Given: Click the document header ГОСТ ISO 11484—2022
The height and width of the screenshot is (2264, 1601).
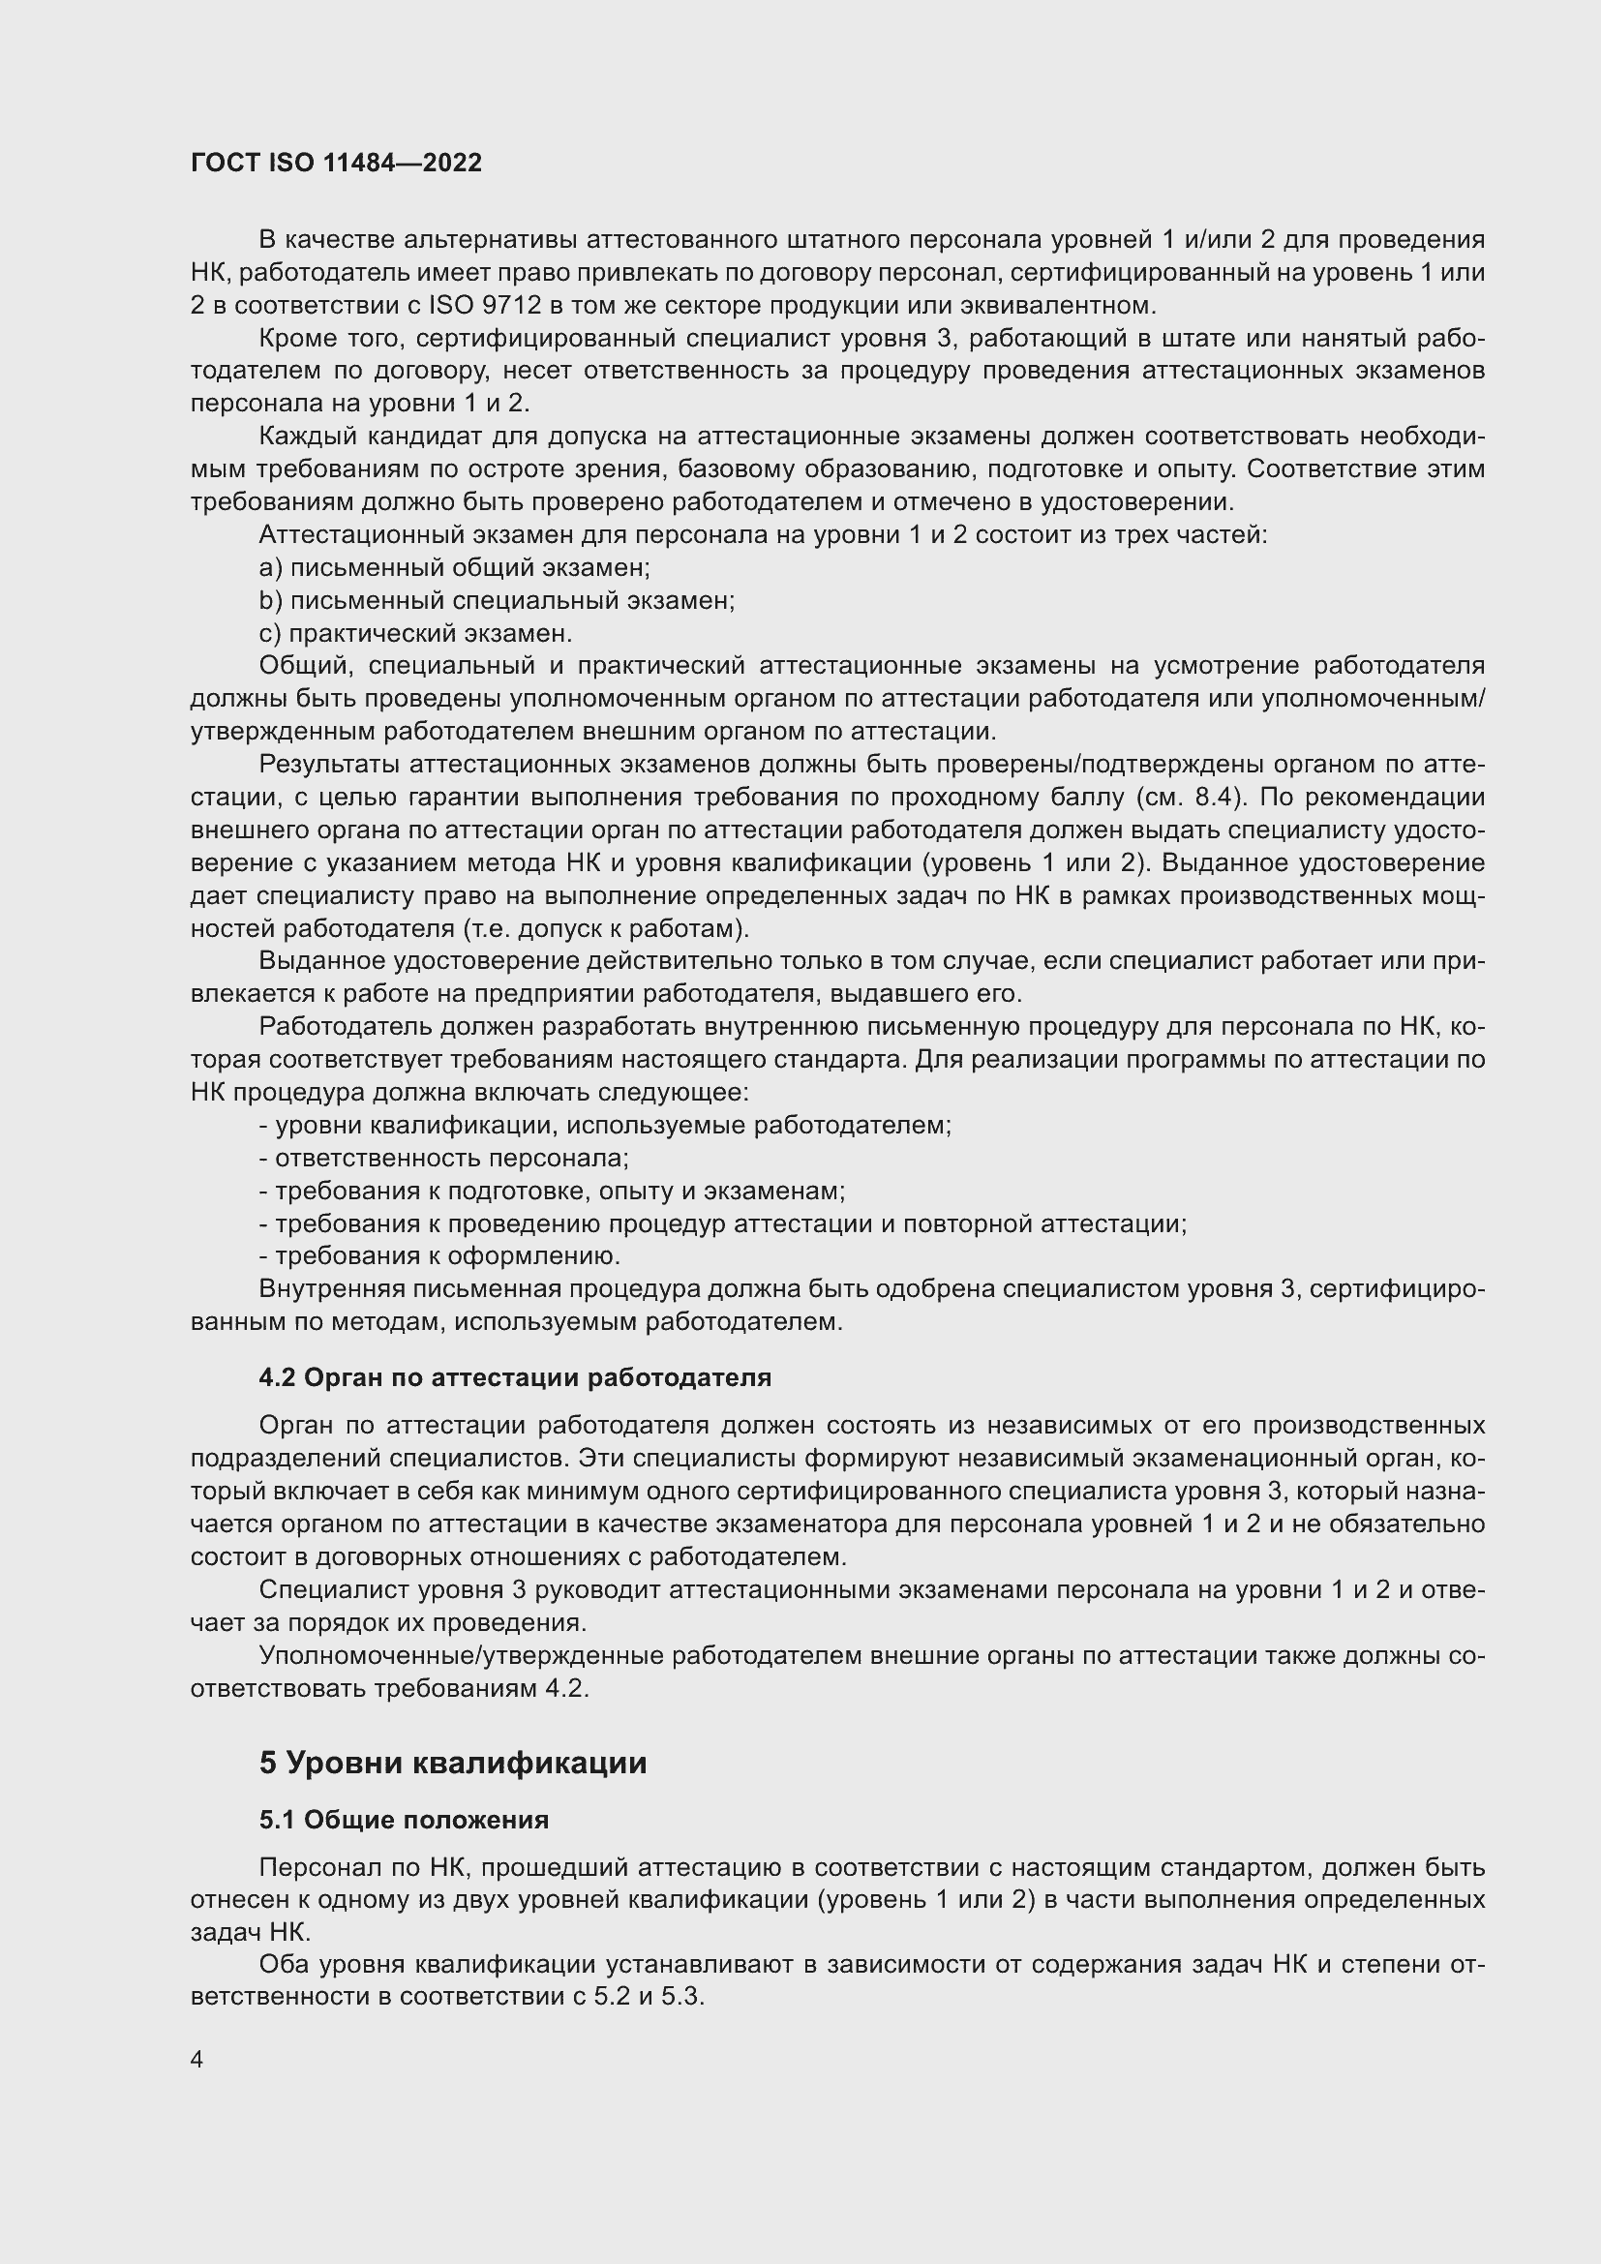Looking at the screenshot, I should tap(336, 164).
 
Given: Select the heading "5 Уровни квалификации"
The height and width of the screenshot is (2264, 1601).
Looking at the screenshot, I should tap(452, 1762).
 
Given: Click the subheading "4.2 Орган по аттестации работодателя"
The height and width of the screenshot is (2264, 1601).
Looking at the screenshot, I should tap(515, 1376).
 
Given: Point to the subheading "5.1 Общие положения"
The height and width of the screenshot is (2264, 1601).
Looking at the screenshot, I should tap(404, 1819).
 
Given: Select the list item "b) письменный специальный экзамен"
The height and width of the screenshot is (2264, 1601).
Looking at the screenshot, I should tap(496, 600).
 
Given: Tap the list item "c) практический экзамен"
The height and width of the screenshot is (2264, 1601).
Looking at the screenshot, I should tap(415, 633).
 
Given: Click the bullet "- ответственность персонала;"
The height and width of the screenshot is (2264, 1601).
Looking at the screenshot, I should tap(443, 1159).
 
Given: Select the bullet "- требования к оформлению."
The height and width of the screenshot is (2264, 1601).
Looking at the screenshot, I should tap(438, 1256).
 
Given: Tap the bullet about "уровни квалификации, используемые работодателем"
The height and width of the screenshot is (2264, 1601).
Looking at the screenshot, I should tap(604, 1125).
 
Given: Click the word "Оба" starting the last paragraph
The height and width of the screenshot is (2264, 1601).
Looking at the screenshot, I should tap(282, 1965).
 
